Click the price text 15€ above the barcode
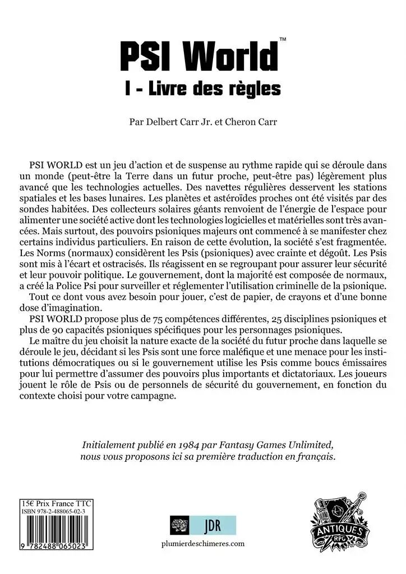coord(26,503)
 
